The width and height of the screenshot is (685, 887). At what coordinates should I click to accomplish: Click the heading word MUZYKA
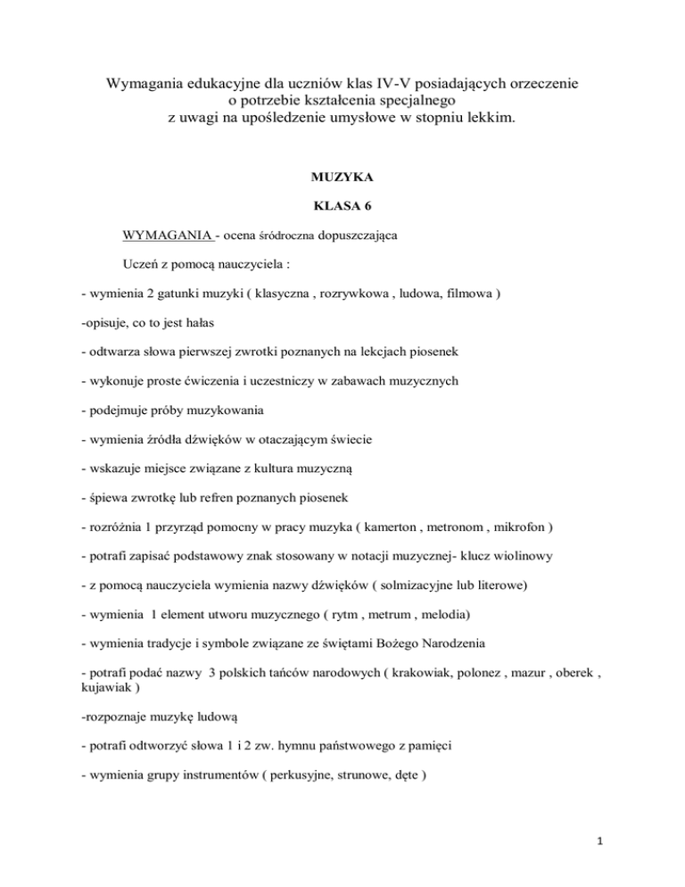[x=342, y=179]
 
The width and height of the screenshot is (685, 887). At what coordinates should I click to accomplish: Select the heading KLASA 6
[x=342, y=207]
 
